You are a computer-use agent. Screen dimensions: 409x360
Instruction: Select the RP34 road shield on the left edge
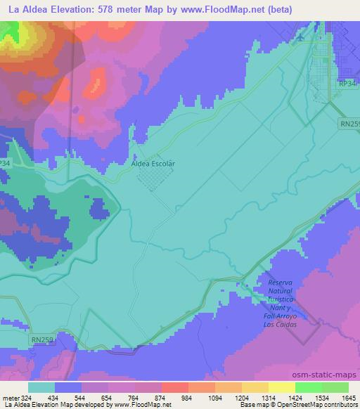click(x=5, y=162)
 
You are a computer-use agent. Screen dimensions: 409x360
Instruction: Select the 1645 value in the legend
click(x=340, y=397)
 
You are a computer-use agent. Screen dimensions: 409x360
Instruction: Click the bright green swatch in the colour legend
click(x=308, y=387)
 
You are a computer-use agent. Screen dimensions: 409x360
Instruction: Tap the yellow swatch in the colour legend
click(x=281, y=387)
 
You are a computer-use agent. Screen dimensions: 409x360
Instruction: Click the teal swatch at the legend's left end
click(x=41, y=387)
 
